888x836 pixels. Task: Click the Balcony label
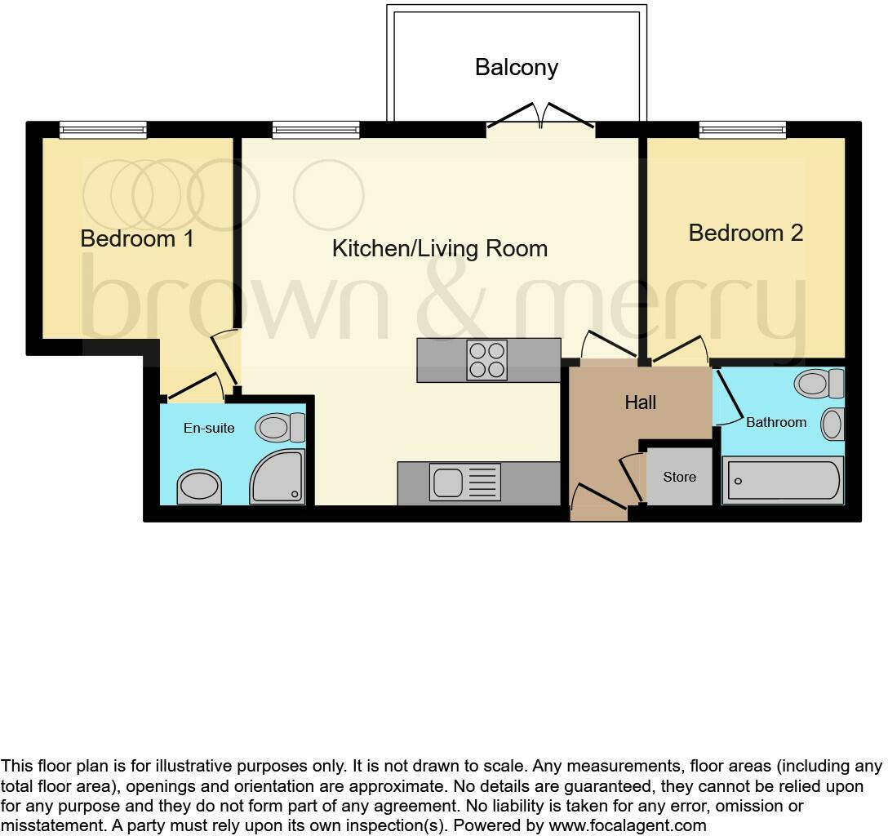516,67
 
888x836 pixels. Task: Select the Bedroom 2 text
745,233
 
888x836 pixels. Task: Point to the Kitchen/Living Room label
439,248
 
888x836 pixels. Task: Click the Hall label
640,402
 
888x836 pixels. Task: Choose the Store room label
679,477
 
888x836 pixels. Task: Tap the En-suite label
209,428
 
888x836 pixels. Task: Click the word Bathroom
775,422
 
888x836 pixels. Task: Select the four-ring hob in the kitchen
486,360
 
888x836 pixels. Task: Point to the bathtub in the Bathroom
782,481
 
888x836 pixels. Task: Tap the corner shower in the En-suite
277,477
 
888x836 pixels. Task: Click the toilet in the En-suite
280,427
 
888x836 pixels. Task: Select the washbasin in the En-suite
199,487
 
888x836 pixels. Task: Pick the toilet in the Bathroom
819,382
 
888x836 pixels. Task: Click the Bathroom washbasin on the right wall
832,425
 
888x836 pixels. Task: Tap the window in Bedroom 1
103,130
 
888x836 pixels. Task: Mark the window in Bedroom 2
742,130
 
